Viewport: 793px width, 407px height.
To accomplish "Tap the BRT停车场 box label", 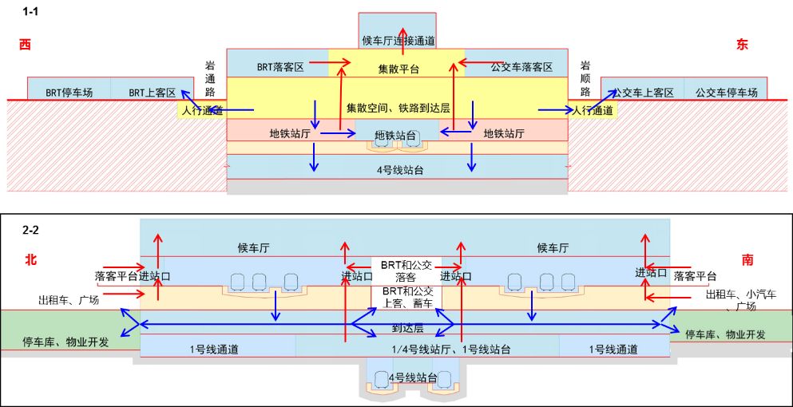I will (x=69, y=93).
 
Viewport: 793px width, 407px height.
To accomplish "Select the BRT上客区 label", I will (x=152, y=93).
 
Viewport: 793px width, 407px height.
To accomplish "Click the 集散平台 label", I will (x=398, y=69).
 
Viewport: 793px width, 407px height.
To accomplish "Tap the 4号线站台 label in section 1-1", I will (x=397, y=168).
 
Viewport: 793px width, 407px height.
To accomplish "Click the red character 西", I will (x=25, y=45).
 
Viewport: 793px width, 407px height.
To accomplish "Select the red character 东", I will (x=743, y=45).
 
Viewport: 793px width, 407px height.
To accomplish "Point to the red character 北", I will (x=30, y=260).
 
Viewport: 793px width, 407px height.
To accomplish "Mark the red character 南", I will (x=747, y=260).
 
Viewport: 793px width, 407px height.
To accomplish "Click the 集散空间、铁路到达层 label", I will (x=397, y=108).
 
